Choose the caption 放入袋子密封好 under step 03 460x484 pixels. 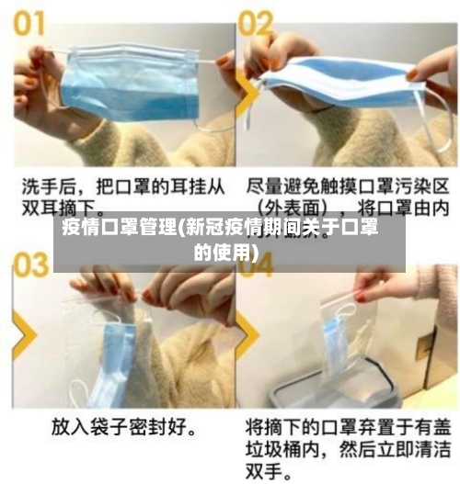tap(128, 428)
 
